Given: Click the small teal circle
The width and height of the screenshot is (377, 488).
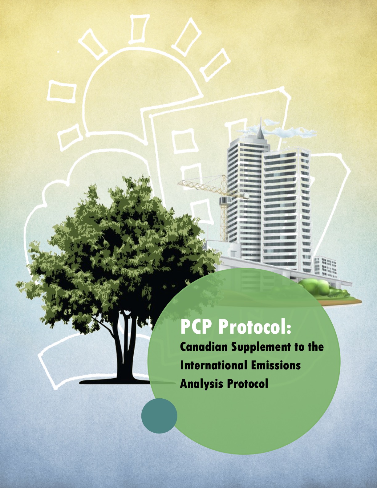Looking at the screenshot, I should click(159, 416).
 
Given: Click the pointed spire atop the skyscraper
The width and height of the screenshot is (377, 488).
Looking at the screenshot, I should click(261, 128).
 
